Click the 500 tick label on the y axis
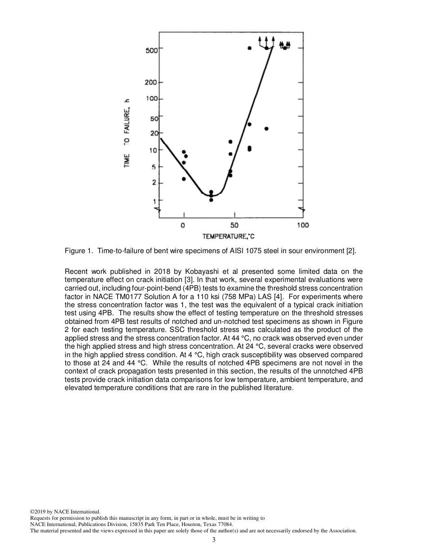coord(151,50)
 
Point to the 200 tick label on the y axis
coord(151,82)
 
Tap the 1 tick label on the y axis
coord(155,200)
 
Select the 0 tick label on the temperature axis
coord(183,225)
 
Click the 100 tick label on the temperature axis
coord(303,225)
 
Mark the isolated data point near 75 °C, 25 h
coord(266,129)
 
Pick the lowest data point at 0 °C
coord(183,179)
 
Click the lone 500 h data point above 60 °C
coord(250,48)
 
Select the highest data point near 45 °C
coord(230,142)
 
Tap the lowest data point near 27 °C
coord(211,200)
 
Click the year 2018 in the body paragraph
coord(154,271)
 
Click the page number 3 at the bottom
coord(214,540)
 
